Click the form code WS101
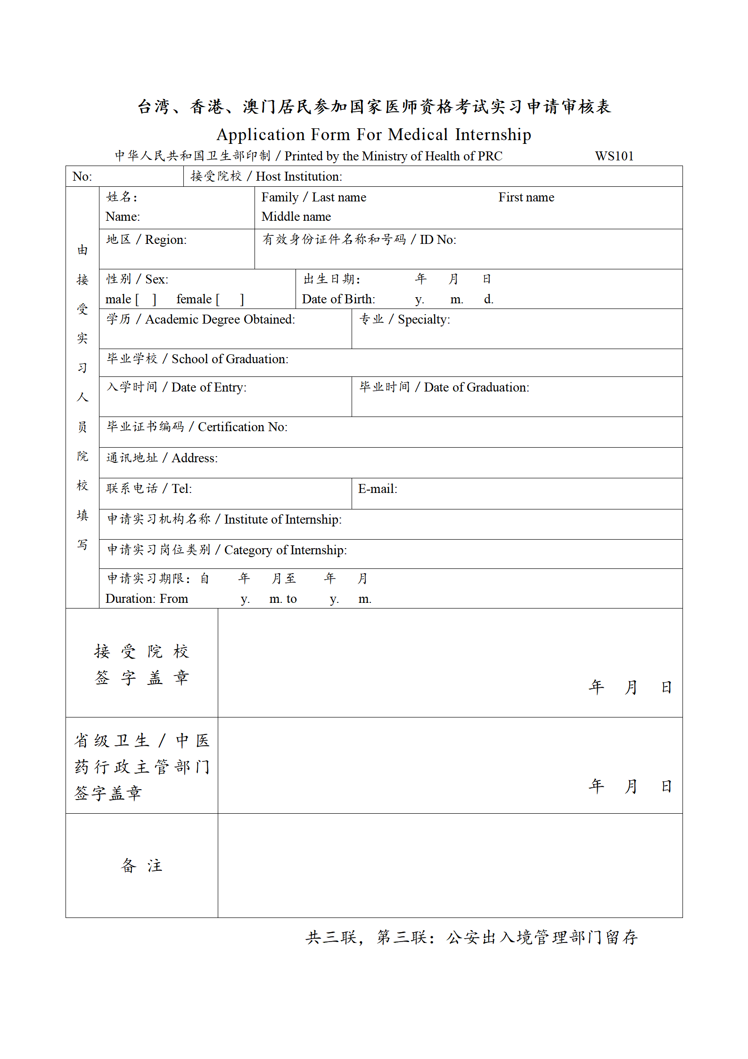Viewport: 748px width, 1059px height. coord(614,156)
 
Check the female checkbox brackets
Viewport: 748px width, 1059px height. coord(230,300)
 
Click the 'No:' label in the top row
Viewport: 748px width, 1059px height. coord(82,176)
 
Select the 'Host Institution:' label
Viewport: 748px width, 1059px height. coord(299,176)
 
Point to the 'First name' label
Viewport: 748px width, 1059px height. coord(526,197)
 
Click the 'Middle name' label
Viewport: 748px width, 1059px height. coord(296,217)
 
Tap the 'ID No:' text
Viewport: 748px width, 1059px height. coord(438,240)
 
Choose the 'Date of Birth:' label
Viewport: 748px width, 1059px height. coord(338,299)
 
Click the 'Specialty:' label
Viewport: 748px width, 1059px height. coord(424,319)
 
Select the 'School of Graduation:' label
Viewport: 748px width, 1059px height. coord(230,359)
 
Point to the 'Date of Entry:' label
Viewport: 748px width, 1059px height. coord(208,387)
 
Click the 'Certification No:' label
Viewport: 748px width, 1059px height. coord(242,427)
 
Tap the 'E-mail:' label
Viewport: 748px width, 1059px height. coord(378,489)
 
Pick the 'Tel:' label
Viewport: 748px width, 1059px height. coord(181,489)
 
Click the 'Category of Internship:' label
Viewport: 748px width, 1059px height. coord(285,550)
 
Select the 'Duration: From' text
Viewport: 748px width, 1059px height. coord(147,599)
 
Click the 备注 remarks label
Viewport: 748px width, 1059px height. coord(141,865)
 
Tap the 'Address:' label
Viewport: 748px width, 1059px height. coord(194,458)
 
